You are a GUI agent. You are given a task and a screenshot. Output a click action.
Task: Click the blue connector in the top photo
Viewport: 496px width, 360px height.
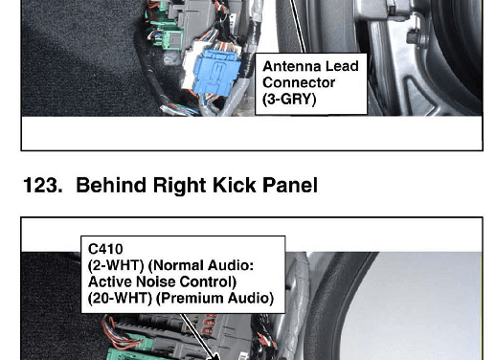[x=216, y=73]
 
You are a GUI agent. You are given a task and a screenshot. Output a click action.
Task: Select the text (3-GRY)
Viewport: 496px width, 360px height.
[x=289, y=100]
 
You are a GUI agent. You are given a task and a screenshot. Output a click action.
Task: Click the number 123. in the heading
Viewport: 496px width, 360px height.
[x=43, y=185]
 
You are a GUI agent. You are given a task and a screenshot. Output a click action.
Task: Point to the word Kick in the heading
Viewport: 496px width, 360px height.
[x=234, y=185]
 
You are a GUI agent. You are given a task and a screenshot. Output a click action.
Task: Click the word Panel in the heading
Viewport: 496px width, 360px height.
[x=290, y=185]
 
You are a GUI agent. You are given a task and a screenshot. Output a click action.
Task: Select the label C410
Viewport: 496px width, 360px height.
[x=105, y=249]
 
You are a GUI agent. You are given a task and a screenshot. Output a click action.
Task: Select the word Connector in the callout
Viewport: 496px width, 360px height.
[x=299, y=82]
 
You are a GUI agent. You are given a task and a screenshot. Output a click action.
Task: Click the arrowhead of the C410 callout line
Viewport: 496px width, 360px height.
[x=215, y=356]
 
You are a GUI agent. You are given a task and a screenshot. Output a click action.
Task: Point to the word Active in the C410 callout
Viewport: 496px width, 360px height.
[x=110, y=281]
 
